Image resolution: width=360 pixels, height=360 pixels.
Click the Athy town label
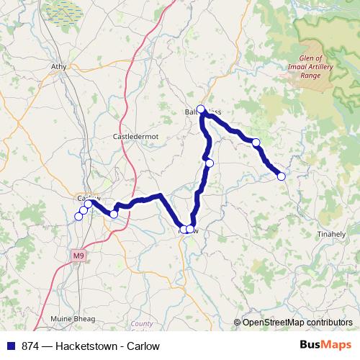[x=58, y=66]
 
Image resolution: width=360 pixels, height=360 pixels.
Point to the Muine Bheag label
[x=70, y=317]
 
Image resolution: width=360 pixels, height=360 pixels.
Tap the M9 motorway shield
[x=78, y=256]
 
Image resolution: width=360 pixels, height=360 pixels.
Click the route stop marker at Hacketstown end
[x=282, y=176]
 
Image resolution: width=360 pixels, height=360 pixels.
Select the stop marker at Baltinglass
[x=202, y=110]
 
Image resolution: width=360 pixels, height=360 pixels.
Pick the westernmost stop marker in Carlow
[x=79, y=215]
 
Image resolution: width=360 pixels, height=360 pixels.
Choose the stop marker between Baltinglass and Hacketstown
[x=256, y=143]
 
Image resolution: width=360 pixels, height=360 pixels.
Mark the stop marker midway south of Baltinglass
[x=210, y=163]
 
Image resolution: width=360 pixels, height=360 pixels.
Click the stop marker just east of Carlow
[x=114, y=214]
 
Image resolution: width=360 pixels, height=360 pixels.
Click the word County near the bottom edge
[x=142, y=324]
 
